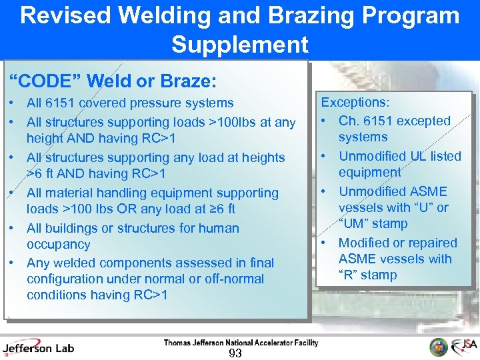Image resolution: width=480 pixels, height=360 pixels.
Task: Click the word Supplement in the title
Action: pyautogui.click(x=239, y=45)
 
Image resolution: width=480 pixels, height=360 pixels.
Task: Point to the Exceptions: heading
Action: pyautogui.click(x=355, y=103)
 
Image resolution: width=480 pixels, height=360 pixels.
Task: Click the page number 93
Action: pyautogui.click(x=235, y=353)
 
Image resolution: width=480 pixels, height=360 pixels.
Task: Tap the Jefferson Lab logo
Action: pyautogui.click(x=38, y=347)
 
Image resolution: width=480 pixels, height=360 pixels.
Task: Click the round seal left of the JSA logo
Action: pyautogui.click(x=439, y=347)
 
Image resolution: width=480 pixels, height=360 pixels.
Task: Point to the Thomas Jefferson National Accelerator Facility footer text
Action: pyautogui.click(x=241, y=343)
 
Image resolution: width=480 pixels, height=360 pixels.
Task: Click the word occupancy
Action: pyautogui.click(x=58, y=244)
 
